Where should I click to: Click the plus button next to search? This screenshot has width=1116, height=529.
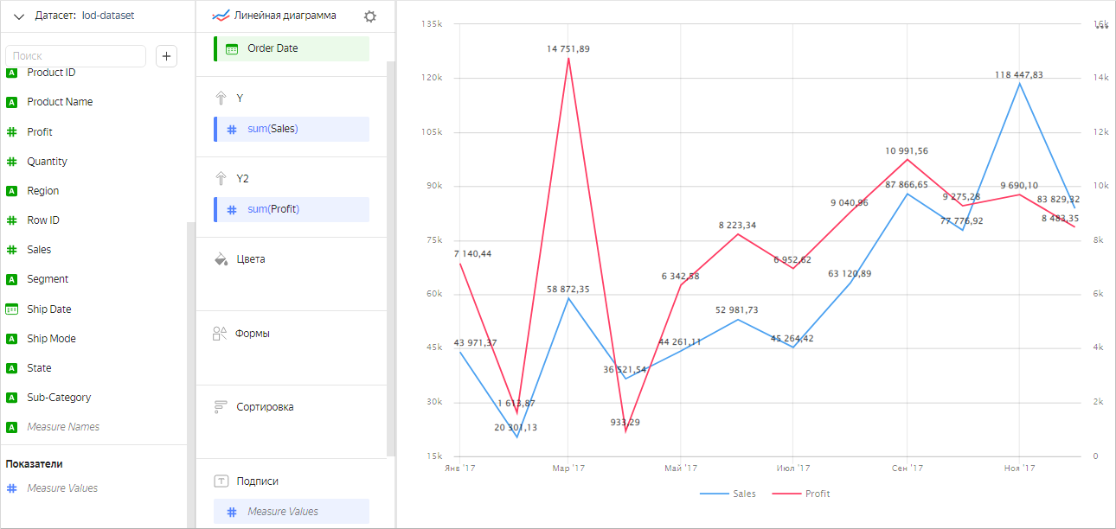(x=166, y=56)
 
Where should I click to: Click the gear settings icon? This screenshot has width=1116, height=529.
(x=370, y=16)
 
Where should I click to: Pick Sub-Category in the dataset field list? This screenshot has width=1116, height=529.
(x=59, y=398)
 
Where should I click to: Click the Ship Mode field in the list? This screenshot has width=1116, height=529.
(x=51, y=339)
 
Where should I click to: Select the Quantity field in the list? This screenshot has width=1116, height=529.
(x=47, y=162)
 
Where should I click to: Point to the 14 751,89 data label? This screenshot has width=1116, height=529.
(x=568, y=49)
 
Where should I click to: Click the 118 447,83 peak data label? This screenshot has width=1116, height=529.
(x=1018, y=75)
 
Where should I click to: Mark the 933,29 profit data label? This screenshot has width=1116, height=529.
(x=626, y=423)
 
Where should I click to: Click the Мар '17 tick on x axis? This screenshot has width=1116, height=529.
(x=568, y=468)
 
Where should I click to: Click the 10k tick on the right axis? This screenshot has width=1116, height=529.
(x=1101, y=186)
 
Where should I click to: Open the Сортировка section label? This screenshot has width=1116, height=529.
(x=265, y=407)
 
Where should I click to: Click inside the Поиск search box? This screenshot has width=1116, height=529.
(x=75, y=56)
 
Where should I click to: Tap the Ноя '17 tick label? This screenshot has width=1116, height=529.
(x=1019, y=468)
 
